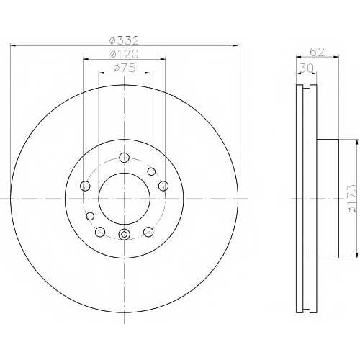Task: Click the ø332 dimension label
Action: [124, 40]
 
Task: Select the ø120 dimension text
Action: [124, 54]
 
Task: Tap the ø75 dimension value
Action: [125, 68]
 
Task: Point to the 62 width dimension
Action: [317, 52]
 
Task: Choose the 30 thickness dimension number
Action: [307, 68]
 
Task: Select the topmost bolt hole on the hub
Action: [125, 158]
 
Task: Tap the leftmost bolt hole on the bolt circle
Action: [85, 186]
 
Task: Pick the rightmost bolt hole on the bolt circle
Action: [163, 186]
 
